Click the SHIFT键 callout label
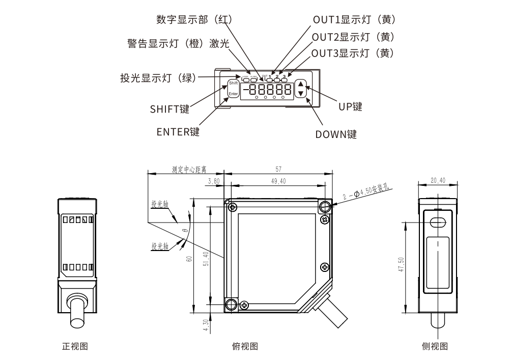click(x=169, y=108)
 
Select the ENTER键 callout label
click(x=178, y=132)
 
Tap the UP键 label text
click(x=350, y=107)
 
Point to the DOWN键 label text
click(x=336, y=134)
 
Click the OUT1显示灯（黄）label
click(x=354, y=19)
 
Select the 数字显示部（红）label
click(x=194, y=19)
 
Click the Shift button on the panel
click(x=233, y=83)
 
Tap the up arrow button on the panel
click(x=301, y=85)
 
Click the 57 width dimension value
click(x=278, y=169)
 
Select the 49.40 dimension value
click(x=277, y=181)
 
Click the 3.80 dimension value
click(x=214, y=181)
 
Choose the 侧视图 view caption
click(x=435, y=346)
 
